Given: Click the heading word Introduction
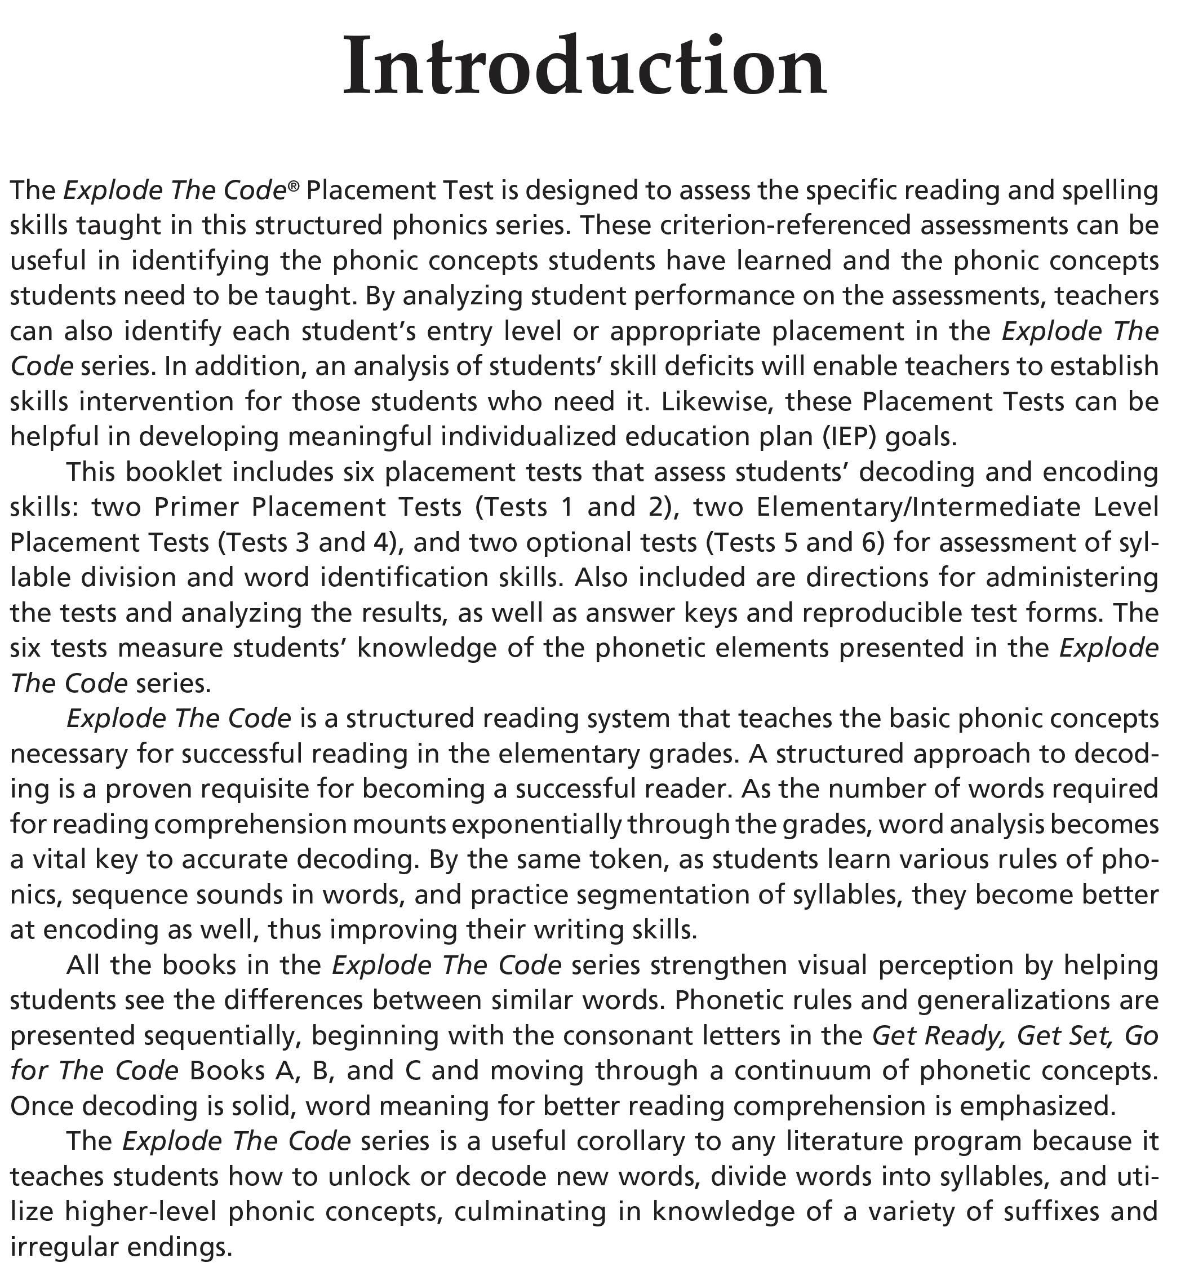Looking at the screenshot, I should [x=584, y=67].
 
